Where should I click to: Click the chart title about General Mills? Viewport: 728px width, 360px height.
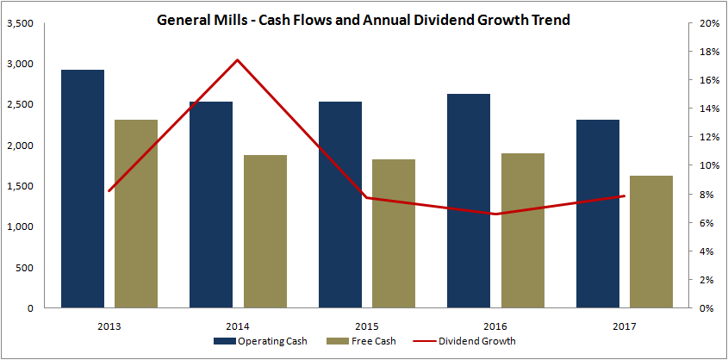(x=363, y=19)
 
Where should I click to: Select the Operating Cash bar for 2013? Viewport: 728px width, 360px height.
(x=83, y=189)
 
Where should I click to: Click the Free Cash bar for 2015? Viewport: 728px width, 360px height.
(x=394, y=233)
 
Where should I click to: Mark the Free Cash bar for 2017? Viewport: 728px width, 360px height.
(x=651, y=241)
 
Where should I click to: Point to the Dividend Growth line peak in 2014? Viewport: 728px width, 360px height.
(x=237, y=60)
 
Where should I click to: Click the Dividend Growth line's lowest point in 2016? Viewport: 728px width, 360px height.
(x=495, y=214)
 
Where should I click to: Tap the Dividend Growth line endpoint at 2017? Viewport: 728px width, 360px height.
(x=624, y=196)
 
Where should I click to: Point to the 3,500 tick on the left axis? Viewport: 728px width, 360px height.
(x=20, y=23)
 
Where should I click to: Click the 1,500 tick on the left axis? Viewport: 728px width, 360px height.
(x=20, y=186)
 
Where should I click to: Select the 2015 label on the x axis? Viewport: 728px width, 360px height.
(x=367, y=326)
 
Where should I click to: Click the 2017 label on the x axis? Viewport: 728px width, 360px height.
(x=625, y=326)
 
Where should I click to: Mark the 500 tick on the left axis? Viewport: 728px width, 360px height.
(x=25, y=268)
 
